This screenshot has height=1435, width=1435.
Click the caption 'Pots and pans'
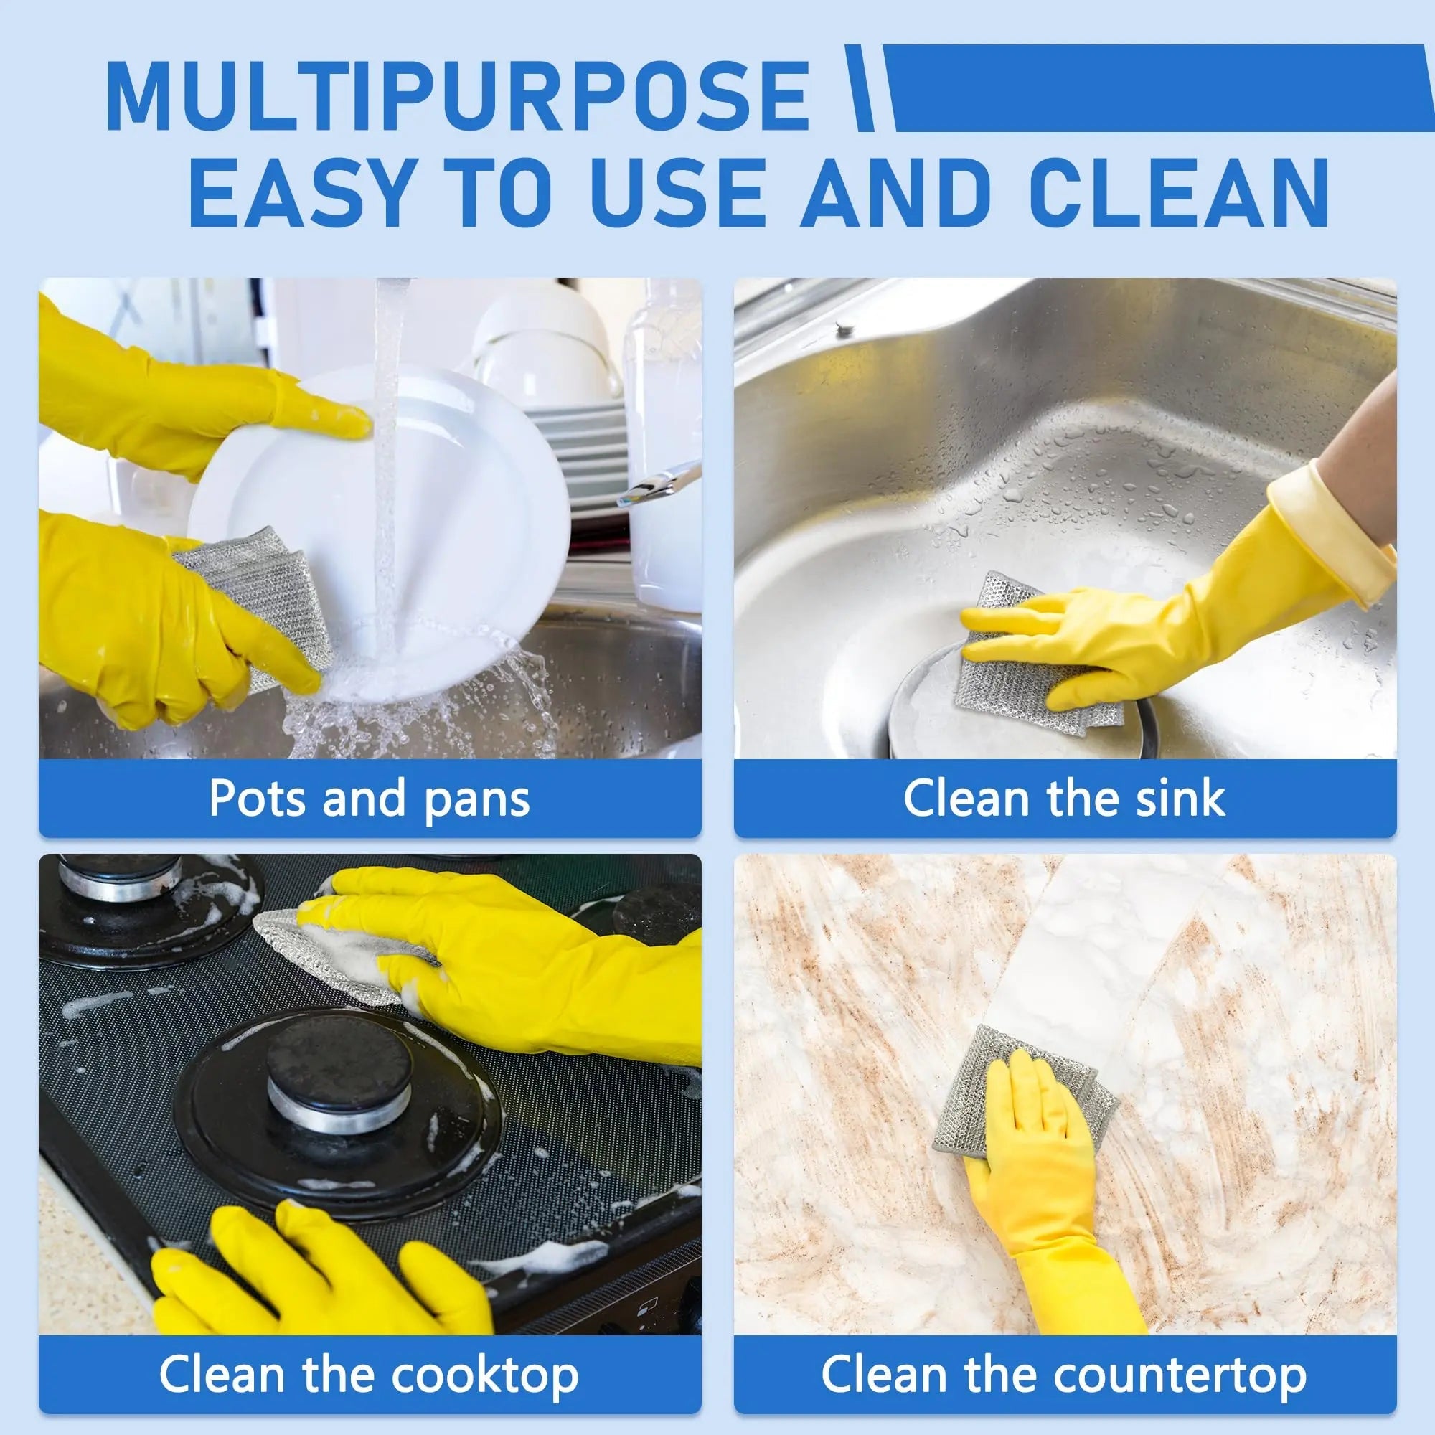[x=369, y=799]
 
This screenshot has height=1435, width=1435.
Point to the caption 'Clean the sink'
[x=1063, y=799]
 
